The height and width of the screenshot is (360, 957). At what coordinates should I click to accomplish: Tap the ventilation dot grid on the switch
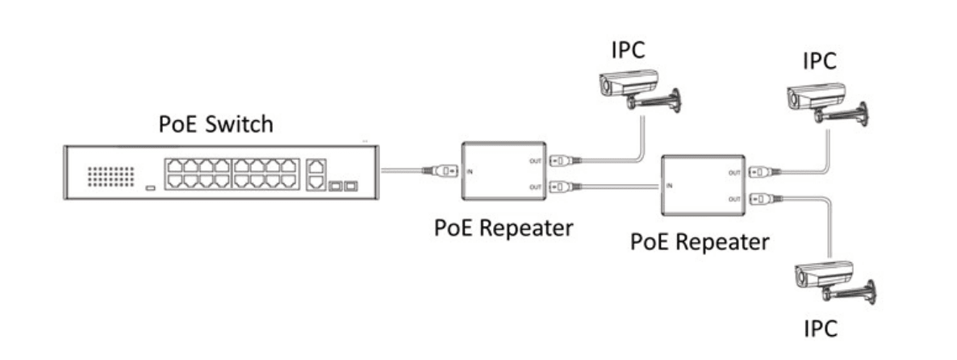tap(107, 176)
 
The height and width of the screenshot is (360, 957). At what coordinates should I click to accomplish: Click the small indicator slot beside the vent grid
tap(151, 189)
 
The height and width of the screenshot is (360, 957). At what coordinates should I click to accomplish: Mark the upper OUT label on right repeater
tap(733, 172)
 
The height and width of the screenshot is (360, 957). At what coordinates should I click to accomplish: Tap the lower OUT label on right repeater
tap(733, 198)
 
